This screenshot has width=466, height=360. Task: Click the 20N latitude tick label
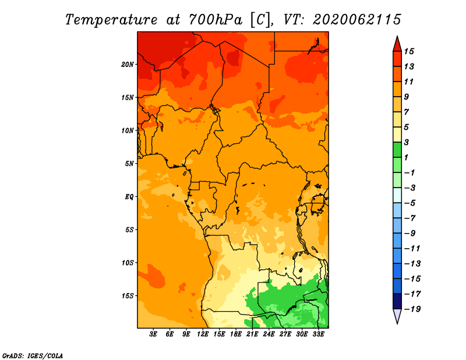pyautogui.click(x=128, y=65)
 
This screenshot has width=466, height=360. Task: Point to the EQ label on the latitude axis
pyautogui.click(x=129, y=197)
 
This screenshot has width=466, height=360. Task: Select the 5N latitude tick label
pyautogui.click(x=129, y=164)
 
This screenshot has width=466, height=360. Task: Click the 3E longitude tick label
pyautogui.click(x=153, y=334)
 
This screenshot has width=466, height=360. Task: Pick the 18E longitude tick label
pyautogui.click(x=236, y=334)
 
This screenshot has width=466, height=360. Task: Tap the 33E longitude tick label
pyautogui.click(x=318, y=334)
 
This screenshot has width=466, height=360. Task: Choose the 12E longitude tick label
pyautogui.click(x=203, y=334)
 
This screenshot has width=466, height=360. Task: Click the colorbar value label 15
pyautogui.click(x=409, y=51)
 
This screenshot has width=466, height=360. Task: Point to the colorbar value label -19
pyautogui.click(x=412, y=309)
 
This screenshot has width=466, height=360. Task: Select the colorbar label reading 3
pyautogui.click(x=407, y=142)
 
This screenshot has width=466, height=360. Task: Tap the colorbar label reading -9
pyautogui.click(x=410, y=234)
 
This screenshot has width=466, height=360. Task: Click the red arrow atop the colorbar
pyautogui.click(x=397, y=44)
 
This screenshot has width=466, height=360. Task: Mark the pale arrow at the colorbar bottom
pyautogui.click(x=397, y=316)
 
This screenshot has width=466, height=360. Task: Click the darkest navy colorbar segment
pyautogui.click(x=397, y=301)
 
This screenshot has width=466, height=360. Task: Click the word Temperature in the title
pyautogui.click(x=111, y=20)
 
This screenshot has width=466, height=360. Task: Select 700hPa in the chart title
pyautogui.click(x=216, y=20)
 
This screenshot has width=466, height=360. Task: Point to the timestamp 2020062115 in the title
pyautogui.click(x=357, y=20)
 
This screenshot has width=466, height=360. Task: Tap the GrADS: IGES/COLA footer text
pyautogui.click(x=33, y=356)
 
